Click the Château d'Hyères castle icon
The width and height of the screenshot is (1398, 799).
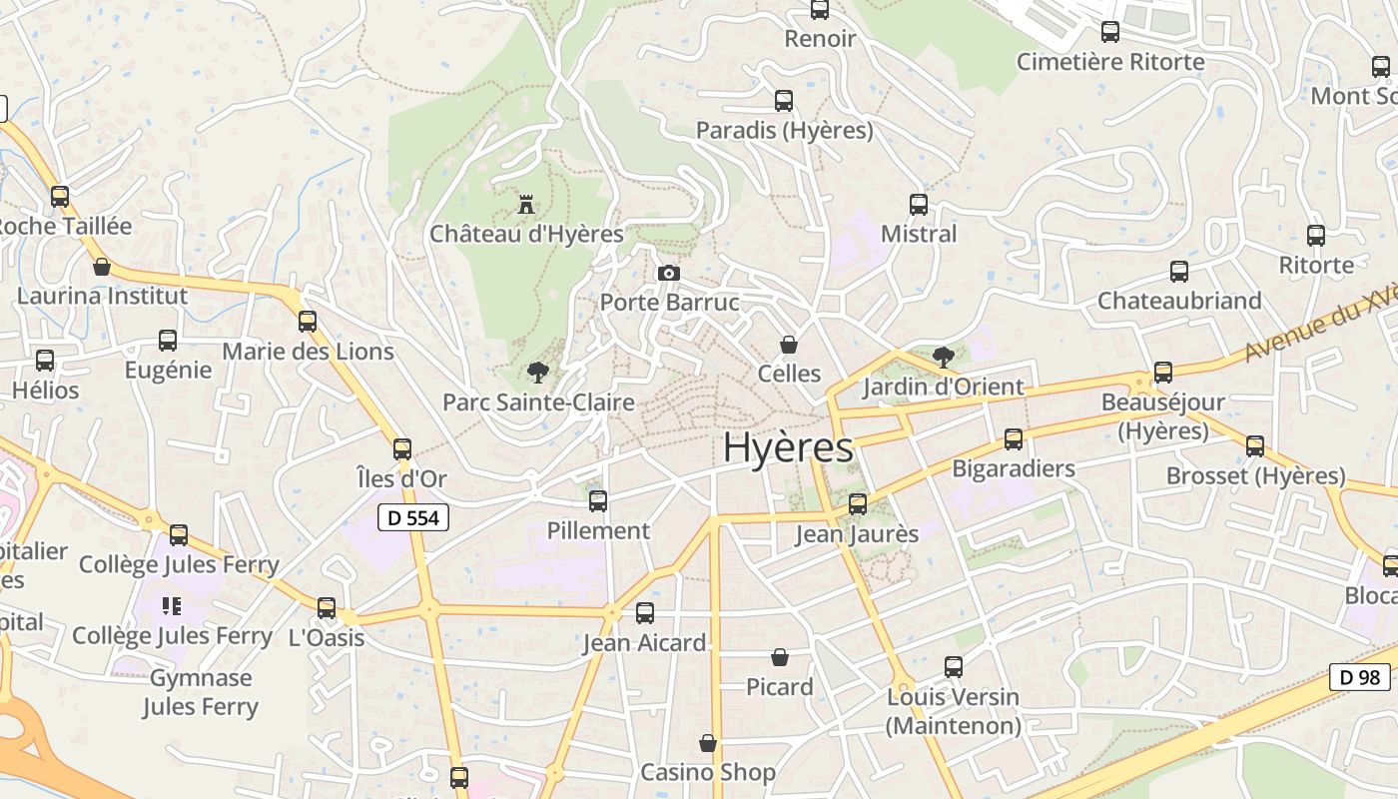tap(525, 205)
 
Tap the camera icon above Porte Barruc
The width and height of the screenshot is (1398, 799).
tap(669, 273)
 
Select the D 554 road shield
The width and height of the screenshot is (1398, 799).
tap(413, 517)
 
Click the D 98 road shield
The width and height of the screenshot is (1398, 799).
tap(1359, 676)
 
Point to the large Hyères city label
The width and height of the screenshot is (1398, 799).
tap(788, 447)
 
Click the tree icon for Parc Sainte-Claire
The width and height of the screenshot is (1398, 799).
tap(538, 374)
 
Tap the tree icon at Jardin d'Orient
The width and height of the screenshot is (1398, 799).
tap(943, 357)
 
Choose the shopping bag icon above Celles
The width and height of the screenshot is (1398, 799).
tap(789, 345)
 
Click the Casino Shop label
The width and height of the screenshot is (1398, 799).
tap(707, 772)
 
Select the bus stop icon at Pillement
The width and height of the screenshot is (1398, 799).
tap(598, 501)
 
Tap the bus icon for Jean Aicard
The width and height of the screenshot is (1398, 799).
tap(645, 613)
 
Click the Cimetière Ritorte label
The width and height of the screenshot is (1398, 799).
tap(1110, 62)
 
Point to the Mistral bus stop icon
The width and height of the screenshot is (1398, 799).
tap(919, 205)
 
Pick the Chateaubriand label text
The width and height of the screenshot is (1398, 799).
tap(1179, 301)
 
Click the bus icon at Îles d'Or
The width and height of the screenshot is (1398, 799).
tap(402, 449)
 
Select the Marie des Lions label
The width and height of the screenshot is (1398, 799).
tap(308, 352)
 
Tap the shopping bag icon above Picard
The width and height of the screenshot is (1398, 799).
tap(780, 657)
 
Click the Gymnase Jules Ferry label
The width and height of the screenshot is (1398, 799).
tap(201, 692)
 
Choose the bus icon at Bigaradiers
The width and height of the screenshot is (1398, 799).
tap(1014, 439)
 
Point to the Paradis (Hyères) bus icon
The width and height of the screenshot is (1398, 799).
tap(784, 101)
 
